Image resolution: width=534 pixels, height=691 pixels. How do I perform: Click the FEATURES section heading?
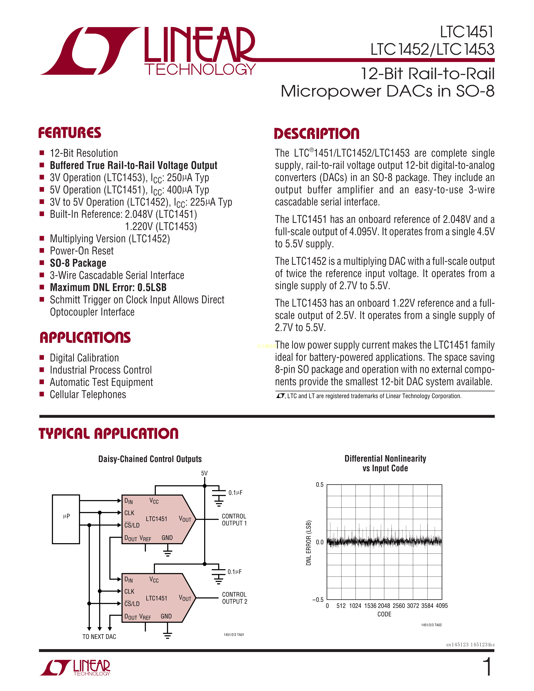tap(70, 133)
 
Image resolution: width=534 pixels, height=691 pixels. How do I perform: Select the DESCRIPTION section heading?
tap(316, 134)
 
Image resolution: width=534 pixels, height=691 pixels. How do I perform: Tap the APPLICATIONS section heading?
tap(85, 338)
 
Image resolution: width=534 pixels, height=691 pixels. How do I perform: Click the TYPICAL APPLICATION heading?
tap(108, 433)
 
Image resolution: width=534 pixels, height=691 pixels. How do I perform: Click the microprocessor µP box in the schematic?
tap(66, 519)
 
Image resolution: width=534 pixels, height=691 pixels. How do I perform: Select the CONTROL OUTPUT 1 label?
tap(234, 520)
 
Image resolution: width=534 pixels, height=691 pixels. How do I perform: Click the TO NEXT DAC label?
tap(99, 637)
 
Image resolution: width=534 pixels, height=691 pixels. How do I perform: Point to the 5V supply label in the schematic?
tap(204, 473)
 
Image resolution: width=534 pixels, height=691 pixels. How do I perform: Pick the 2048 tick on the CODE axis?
tap(384, 606)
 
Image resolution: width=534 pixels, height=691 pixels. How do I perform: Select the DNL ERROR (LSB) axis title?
tap(309, 543)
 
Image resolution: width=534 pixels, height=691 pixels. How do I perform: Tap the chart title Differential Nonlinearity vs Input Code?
tap(385, 463)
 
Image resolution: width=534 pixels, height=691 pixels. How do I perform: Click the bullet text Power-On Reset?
tap(82, 251)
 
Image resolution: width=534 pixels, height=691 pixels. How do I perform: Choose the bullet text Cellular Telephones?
tap(88, 394)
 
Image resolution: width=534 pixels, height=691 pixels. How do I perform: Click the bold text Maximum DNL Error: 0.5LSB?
tap(108, 287)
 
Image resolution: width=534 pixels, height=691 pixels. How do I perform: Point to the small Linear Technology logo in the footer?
tap(75, 668)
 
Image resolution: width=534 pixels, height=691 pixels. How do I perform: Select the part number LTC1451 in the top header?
tap(466, 32)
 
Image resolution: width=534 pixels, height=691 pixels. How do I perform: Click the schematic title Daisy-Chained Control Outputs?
tap(150, 459)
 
